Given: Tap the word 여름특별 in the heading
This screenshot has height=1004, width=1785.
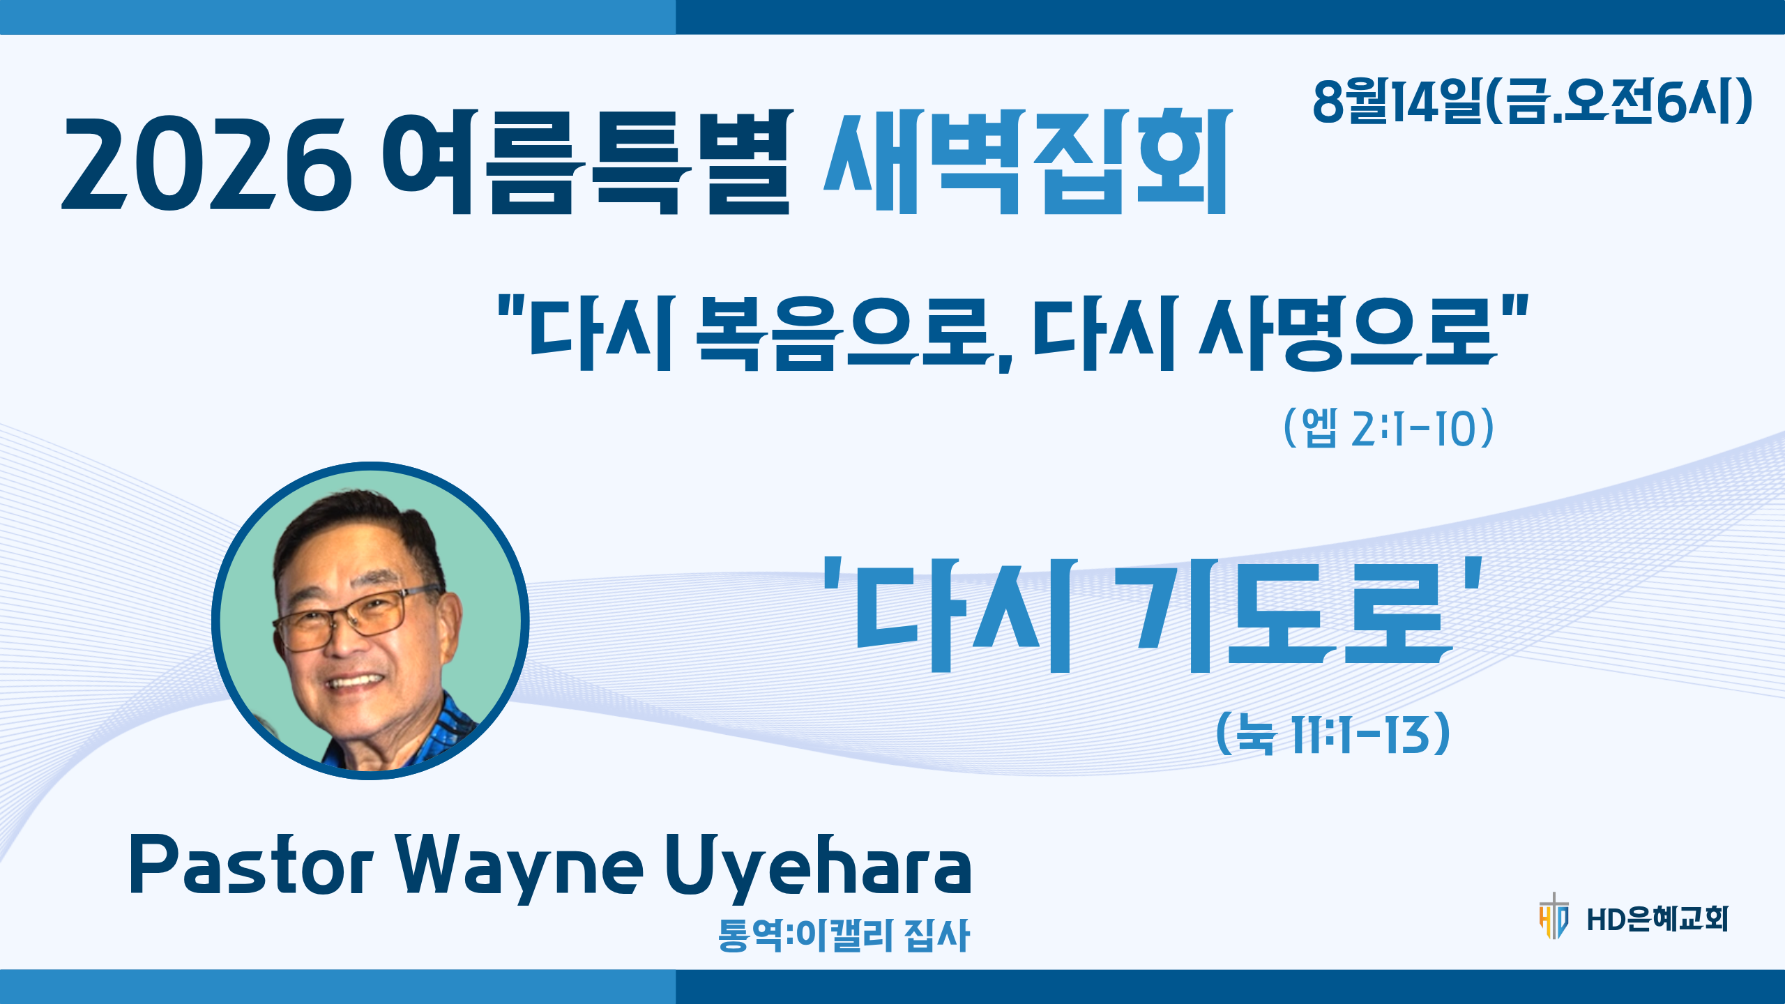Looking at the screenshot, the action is tap(588, 162).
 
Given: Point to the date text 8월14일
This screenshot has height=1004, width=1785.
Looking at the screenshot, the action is tap(1397, 101).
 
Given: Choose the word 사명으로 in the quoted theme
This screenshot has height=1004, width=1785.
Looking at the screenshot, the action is tap(1348, 333).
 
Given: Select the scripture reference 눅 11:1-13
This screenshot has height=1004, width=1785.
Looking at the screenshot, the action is tap(1332, 733).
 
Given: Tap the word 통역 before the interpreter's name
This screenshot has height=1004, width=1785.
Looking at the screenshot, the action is tap(750, 934).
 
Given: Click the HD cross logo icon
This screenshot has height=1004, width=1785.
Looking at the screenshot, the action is tap(1554, 915).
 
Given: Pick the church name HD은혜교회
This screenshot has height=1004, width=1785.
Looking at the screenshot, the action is tap(1657, 919).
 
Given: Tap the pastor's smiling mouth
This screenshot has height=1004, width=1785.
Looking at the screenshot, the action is tap(356, 680).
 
